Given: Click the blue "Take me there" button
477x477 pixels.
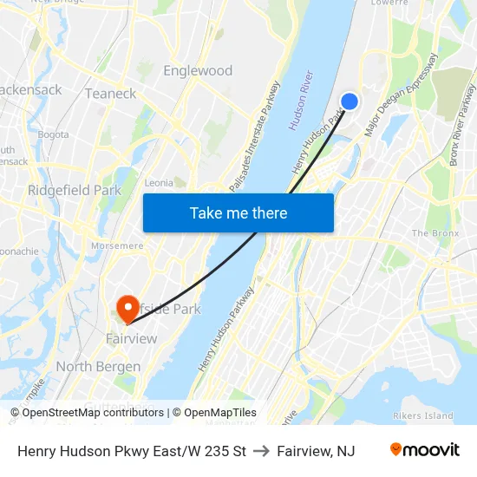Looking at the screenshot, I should tap(238, 212).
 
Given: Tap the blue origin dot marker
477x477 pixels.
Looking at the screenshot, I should tap(350, 101).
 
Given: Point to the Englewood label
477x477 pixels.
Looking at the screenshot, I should tap(198, 70).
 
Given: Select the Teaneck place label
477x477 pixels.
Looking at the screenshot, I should tap(110, 93).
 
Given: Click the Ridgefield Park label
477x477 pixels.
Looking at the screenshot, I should tap(75, 190).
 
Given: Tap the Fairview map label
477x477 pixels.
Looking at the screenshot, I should tap(132, 338).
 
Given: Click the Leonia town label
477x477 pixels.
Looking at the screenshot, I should tap(159, 182).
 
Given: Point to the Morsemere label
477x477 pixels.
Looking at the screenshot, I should tap(116, 246).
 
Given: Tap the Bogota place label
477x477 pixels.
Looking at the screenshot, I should tap(53, 134).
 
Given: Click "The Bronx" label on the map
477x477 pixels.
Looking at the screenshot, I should tap(433, 233).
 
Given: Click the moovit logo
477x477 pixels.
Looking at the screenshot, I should tap(424, 450).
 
